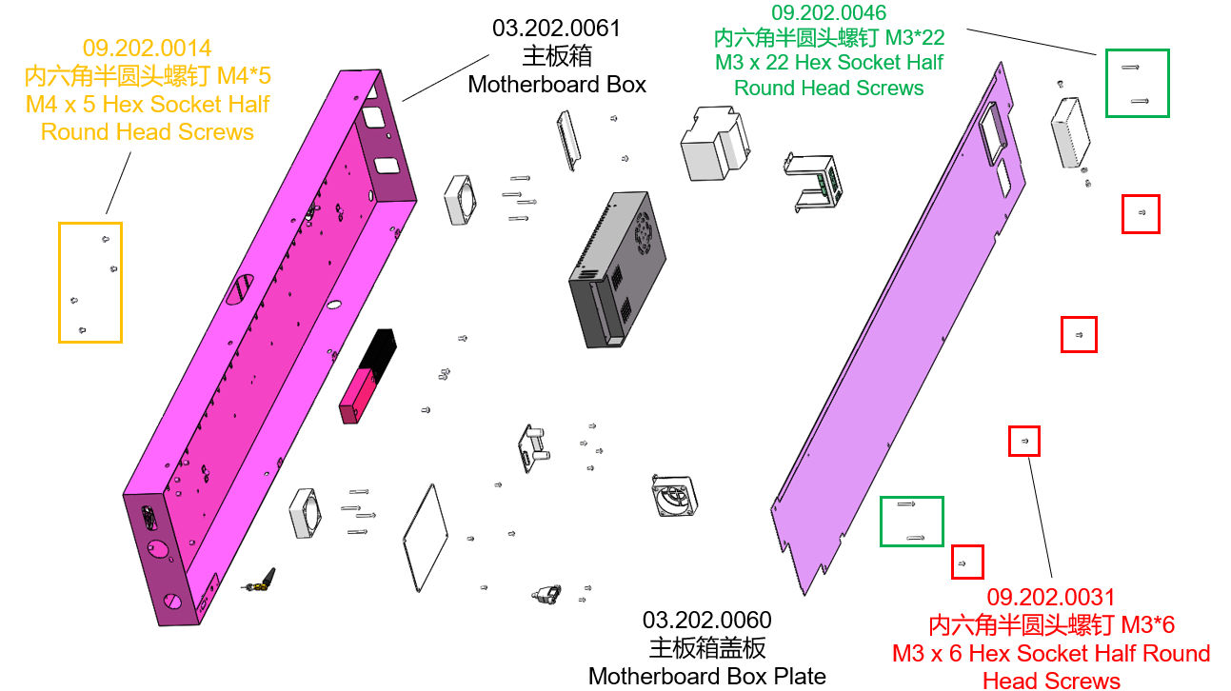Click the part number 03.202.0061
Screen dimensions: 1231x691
tap(556, 29)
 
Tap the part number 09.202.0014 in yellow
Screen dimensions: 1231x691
tap(148, 49)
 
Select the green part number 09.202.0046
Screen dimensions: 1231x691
tap(828, 12)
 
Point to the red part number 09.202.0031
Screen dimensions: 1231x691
tap(1051, 597)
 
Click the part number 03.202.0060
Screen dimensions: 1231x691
tap(706, 621)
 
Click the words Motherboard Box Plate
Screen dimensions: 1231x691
tap(706, 676)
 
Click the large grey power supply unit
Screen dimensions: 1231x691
tap(617, 269)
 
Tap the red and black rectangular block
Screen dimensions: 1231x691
tap(367, 376)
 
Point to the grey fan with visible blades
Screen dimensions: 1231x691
tap(674, 497)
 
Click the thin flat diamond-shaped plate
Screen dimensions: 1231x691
tap(426, 539)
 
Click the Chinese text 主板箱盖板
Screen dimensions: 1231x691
tap(706, 648)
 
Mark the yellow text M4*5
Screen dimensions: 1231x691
tap(244, 76)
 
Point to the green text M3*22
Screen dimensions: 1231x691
tap(915, 37)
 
